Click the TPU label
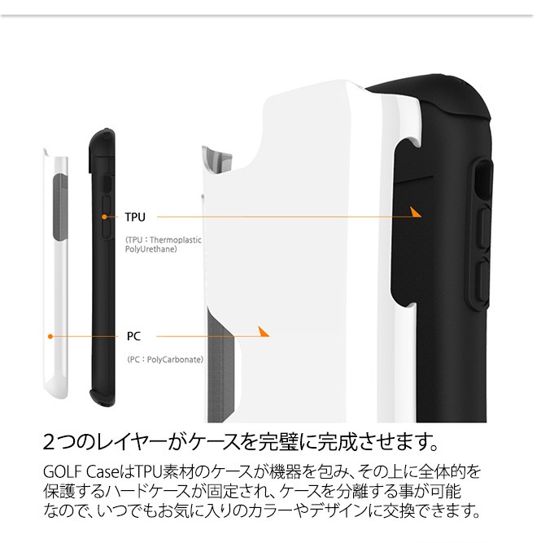click(135, 217)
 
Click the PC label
click(134, 335)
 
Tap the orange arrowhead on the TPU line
click(415, 212)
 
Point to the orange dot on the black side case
click(105, 217)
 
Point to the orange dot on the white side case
click(50, 335)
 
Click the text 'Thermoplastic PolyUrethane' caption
click(163, 244)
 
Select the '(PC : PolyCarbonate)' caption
click(165, 359)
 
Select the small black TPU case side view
click(103, 261)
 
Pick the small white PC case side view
click(58, 277)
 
